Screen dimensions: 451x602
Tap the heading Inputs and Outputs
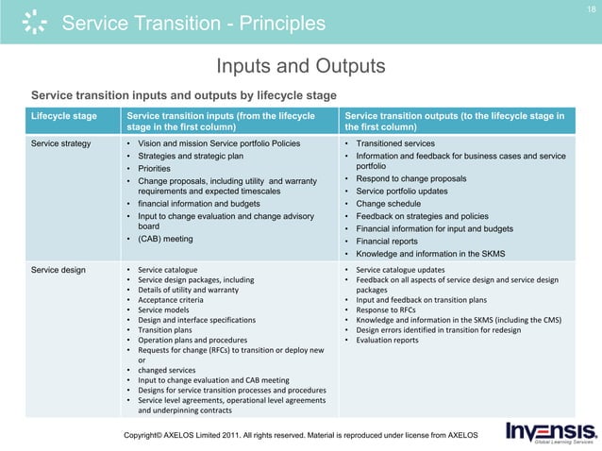[300, 66]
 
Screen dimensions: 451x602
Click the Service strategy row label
[61, 144]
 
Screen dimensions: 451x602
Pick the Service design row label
[59, 270]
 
